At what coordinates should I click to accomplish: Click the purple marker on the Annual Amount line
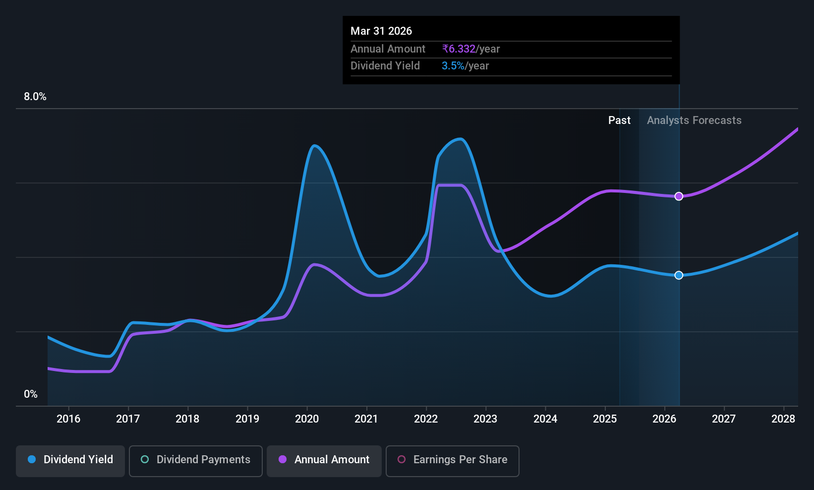(679, 196)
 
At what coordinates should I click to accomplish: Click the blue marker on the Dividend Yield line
(679, 275)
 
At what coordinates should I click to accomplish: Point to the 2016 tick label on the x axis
(68, 419)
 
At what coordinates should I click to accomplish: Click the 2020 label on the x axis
(307, 419)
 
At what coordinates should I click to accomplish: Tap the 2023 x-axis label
(485, 419)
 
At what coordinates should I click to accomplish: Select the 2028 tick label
(783, 419)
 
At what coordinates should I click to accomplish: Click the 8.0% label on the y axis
(35, 97)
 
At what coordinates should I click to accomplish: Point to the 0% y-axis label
(31, 394)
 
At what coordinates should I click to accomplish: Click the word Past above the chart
(619, 121)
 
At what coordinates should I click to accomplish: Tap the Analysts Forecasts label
(694, 121)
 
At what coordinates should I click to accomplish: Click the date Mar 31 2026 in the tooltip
(381, 31)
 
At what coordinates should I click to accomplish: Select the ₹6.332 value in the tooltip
(459, 49)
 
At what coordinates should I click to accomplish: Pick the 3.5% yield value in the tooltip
(453, 66)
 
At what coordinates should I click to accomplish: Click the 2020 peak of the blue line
(314, 146)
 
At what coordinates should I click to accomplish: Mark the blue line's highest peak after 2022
(461, 139)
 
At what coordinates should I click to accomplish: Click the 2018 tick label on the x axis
(187, 419)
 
